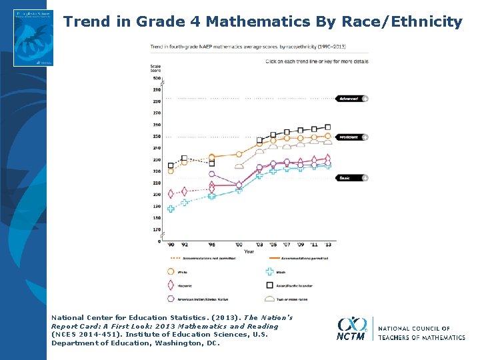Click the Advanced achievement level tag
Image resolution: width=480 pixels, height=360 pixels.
pos(349,99)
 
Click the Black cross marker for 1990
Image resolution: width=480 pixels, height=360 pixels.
pos(171,209)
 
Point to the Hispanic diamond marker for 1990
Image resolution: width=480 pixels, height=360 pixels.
pos(171,194)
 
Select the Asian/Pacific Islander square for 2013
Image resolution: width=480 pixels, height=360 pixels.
pos(327,127)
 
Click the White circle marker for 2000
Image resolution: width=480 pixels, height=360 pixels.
pos(239,154)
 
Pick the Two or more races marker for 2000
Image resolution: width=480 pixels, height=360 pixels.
pos(239,166)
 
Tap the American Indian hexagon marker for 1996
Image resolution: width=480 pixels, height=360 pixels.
pos(212,174)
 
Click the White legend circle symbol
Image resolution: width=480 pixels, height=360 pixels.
pos(171,271)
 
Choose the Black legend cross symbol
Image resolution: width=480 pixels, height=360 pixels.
pos(270,271)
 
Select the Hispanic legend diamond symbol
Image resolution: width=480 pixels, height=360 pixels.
pos(171,285)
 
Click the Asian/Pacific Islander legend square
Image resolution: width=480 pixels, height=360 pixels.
pos(270,285)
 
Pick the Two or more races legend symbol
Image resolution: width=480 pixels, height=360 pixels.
pos(270,299)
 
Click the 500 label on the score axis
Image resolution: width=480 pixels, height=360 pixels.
pos(157,79)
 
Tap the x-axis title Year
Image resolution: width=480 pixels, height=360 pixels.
pos(249,251)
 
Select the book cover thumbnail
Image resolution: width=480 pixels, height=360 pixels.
pos(33,37)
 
